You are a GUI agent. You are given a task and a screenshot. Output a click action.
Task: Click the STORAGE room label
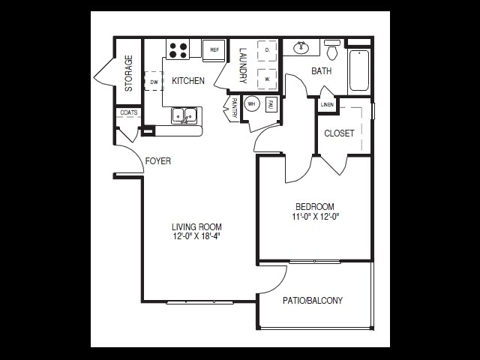tap(128, 73)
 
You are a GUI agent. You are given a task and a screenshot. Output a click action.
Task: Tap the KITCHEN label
tap(187, 81)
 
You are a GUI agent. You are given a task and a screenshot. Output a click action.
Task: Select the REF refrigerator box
tap(214, 50)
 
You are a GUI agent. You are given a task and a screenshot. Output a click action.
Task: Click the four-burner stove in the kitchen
tap(178, 50)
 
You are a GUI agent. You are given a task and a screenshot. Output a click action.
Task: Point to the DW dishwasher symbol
tap(154, 81)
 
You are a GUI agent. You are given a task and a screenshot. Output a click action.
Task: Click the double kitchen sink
tap(184, 115)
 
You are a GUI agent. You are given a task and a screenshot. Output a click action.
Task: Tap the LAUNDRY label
tap(243, 64)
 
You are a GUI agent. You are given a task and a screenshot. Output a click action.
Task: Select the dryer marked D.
tap(268, 50)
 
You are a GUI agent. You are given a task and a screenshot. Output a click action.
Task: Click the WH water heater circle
tap(252, 104)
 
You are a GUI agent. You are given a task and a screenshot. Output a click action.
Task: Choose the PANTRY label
tap(234, 107)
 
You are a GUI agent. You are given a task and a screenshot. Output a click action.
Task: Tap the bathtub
tap(360, 70)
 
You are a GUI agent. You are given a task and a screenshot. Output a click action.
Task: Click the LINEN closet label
tap(327, 105)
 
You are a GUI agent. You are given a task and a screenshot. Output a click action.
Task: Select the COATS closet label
tap(127, 113)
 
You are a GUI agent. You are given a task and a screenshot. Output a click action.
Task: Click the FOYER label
tap(157, 160)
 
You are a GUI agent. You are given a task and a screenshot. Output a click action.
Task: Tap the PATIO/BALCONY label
tap(313, 301)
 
